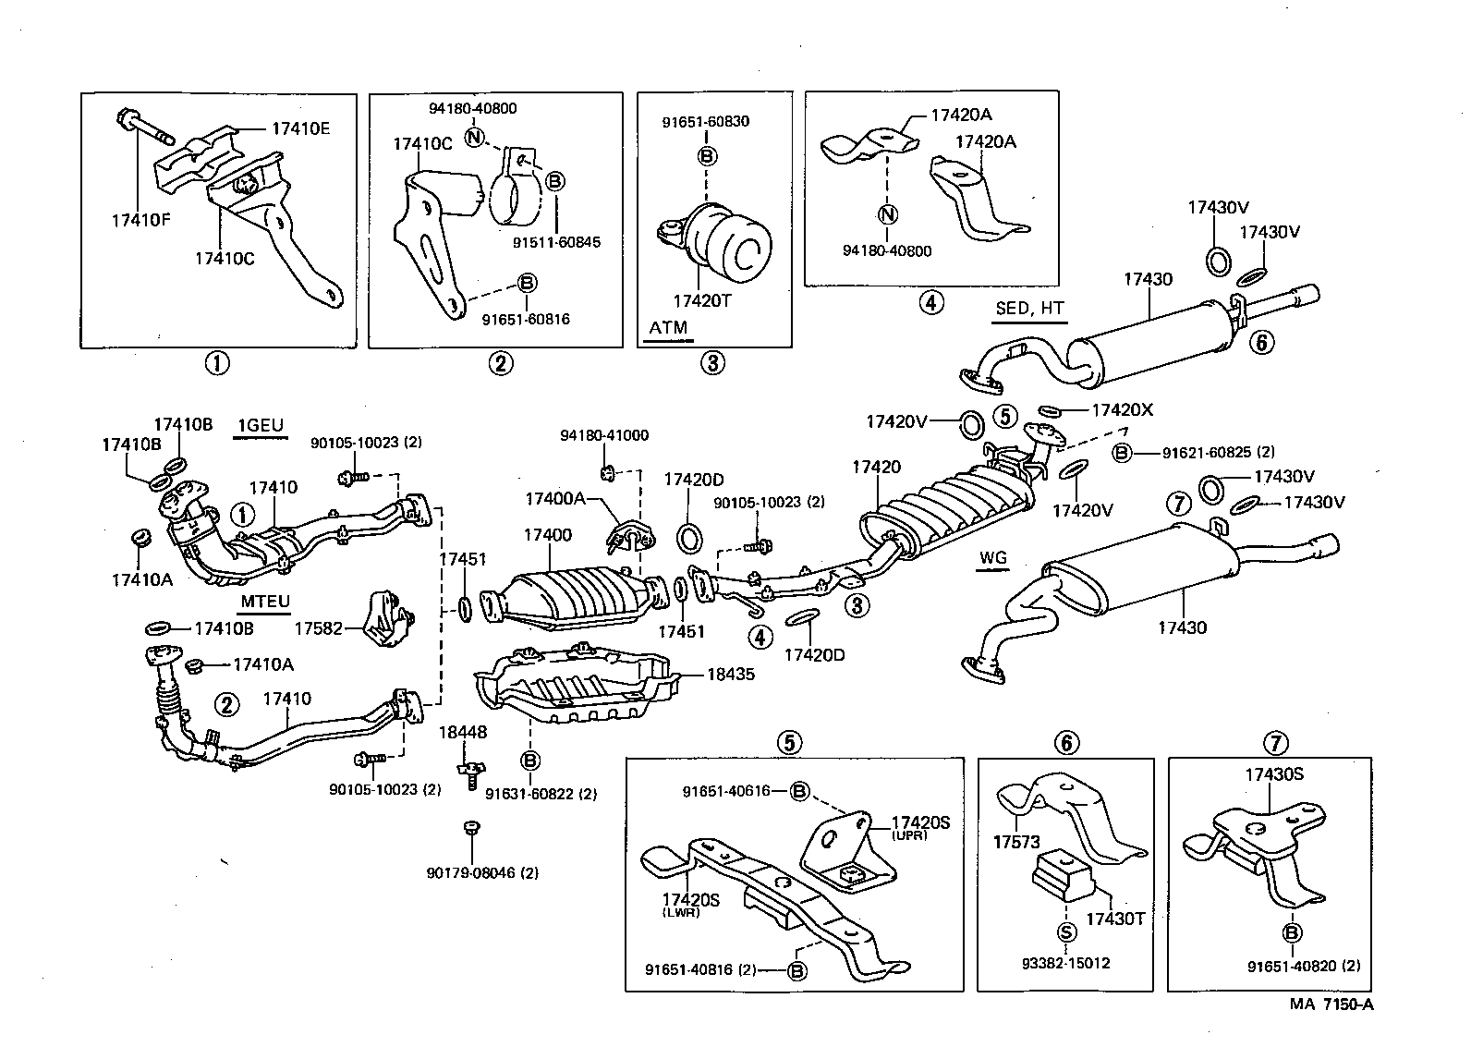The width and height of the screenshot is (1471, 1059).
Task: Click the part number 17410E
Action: [299, 129]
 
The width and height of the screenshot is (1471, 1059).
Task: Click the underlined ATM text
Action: [668, 327]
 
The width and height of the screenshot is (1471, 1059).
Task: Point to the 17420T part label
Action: [702, 301]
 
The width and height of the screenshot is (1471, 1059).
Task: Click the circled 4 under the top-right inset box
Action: [931, 302]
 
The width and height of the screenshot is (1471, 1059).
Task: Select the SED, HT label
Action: [1029, 309]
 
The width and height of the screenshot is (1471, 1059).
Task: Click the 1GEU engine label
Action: [259, 426]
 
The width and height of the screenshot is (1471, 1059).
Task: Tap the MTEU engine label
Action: [265, 602]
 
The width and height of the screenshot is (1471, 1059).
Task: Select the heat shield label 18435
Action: [731, 674]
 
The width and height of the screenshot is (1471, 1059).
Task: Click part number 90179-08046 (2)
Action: [482, 872]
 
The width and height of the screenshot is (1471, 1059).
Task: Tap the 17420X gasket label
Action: [1122, 409]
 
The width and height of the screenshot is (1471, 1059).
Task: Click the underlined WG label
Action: [992, 558]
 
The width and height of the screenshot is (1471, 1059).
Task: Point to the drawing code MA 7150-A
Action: [1331, 1004]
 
